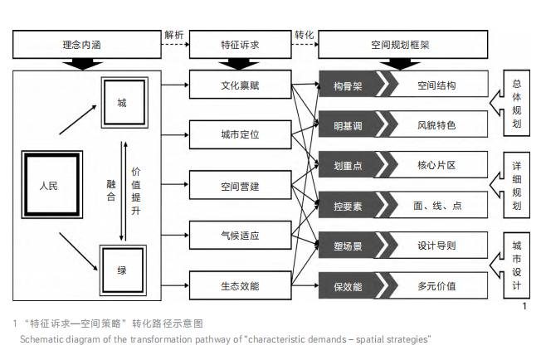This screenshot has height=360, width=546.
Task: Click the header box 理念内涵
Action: [86, 47]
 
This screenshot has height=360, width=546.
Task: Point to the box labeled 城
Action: [123, 103]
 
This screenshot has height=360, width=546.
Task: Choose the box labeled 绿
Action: [123, 270]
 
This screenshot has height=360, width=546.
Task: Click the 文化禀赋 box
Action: [241, 85]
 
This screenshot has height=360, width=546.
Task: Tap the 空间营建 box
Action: [241, 187]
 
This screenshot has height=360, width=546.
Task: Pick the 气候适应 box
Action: [241, 236]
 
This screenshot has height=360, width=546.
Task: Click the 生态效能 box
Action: [241, 286]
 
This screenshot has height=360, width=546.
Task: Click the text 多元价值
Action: [436, 286]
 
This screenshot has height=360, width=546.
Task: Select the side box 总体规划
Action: [517, 104]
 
